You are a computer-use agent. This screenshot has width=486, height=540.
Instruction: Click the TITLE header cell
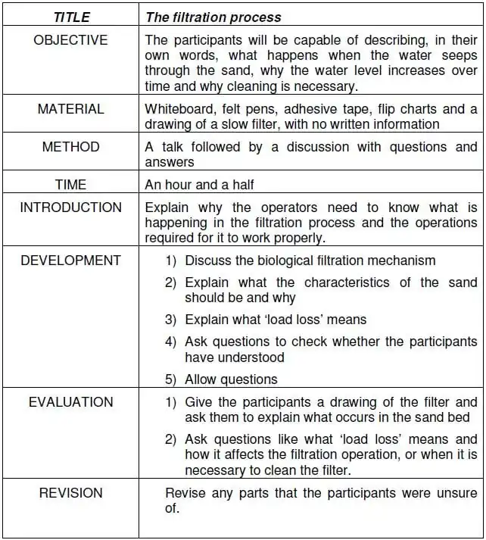[70, 17]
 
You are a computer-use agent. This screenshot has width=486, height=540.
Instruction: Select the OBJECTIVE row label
[70, 40]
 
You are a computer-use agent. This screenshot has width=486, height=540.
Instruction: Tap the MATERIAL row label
[70, 109]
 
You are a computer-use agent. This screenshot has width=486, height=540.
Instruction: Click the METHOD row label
[70, 147]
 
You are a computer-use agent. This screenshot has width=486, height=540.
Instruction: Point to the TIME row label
[70, 184]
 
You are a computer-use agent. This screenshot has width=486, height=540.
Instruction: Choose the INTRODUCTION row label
[70, 208]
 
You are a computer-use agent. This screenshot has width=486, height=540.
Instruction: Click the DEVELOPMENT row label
[70, 261]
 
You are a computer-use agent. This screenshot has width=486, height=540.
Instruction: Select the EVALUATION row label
[70, 402]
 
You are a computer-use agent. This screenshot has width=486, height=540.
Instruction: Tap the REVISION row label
[70, 493]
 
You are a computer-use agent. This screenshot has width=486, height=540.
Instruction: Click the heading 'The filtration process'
[213, 17]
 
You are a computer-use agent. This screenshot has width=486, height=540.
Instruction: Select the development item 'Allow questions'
[231, 379]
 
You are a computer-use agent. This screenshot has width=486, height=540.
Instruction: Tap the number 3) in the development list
[171, 320]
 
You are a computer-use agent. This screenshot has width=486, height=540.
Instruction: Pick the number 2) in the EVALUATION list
[171, 439]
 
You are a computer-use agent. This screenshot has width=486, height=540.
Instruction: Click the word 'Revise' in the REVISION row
[184, 493]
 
